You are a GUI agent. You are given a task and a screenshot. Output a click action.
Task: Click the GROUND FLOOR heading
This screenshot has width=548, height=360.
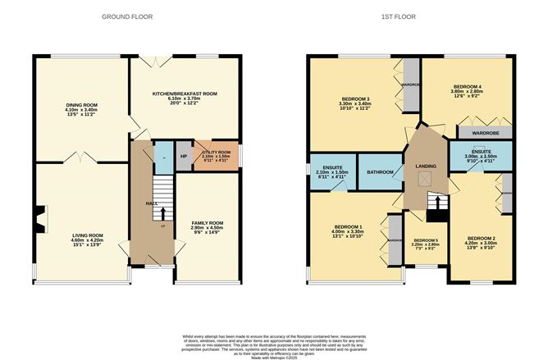125,16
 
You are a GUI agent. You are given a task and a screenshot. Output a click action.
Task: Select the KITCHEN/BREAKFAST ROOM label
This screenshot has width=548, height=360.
185,94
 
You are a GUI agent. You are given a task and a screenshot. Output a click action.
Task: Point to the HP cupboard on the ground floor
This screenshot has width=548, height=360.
184,157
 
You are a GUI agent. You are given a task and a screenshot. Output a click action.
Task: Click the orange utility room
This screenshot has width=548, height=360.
217,156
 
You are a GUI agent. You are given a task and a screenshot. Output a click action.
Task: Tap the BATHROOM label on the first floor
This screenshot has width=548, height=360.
381,171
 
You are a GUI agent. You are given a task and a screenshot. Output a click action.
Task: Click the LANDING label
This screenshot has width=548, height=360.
426,166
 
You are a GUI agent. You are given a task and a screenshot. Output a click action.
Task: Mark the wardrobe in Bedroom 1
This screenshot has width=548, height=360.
395,240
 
